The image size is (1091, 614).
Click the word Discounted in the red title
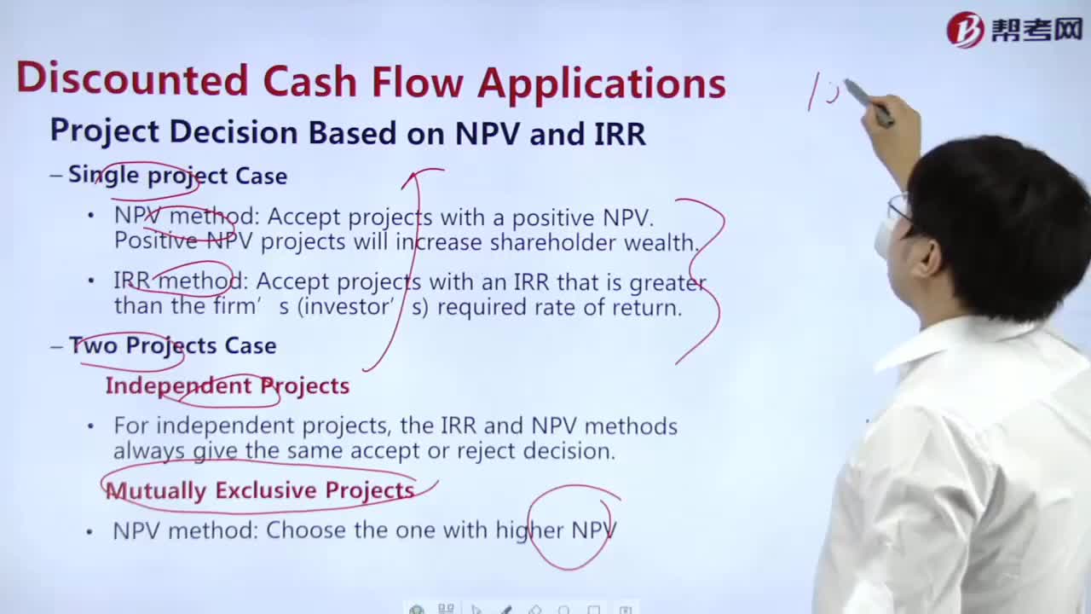132,79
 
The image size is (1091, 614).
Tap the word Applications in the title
602,84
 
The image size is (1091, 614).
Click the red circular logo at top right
964,30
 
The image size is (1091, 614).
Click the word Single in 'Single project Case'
104,175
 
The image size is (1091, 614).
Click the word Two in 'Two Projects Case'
93,345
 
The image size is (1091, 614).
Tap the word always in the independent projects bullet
149,451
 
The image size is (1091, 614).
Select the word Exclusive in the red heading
266,490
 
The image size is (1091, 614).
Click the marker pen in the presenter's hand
869,101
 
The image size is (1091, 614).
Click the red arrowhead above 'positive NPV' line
413,177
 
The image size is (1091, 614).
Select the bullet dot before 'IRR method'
91,281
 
